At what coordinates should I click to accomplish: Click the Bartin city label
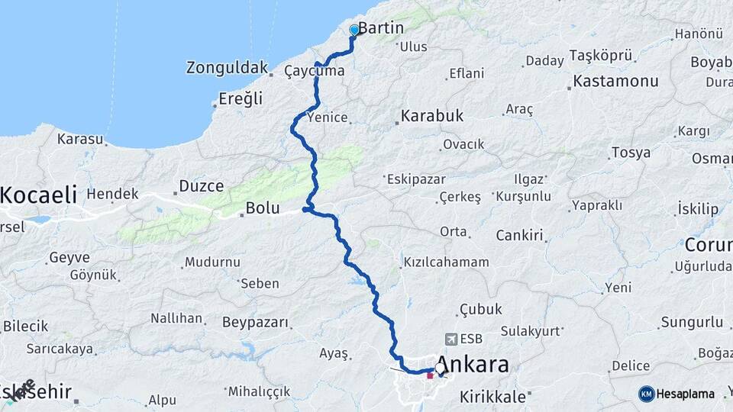click(x=381, y=29)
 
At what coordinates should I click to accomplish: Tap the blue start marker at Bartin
click(x=354, y=31)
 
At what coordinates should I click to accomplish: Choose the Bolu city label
click(x=263, y=208)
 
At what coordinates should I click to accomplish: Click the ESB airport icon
click(x=451, y=339)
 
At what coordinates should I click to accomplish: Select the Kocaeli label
click(x=38, y=195)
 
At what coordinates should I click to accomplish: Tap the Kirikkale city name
click(x=492, y=397)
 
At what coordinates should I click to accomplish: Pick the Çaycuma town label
click(x=314, y=71)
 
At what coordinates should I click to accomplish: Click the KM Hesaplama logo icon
click(x=647, y=394)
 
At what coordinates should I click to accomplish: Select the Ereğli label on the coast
click(x=241, y=98)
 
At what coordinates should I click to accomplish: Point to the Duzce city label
click(x=201, y=186)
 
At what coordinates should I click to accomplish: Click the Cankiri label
click(x=519, y=236)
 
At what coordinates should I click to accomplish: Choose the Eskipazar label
click(x=413, y=179)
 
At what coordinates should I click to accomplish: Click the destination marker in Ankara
click(x=441, y=372)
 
